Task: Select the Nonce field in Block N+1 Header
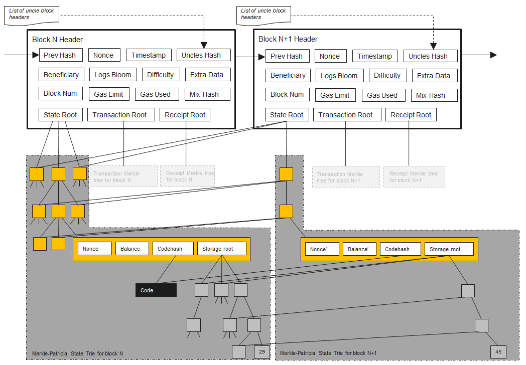click(330, 56)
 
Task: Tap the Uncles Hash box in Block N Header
click(203, 55)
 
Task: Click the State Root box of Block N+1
click(287, 115)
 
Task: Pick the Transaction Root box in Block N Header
click(119, 115)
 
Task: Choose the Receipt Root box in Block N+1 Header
click(411, 115)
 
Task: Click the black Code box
click(156, 290)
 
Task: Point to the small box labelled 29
click(262, 352)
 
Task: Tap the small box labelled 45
click(498, 352)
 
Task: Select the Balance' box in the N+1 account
click(358, 249)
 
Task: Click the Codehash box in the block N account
click(170, 248)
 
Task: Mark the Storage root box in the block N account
click(221, 248)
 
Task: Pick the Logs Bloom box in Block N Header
click(113, 75)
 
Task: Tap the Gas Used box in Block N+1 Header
click(382, 95)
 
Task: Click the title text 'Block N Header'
click(57, 40)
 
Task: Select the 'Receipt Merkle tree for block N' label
click(187, 176)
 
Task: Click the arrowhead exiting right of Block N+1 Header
click(493, 55)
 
